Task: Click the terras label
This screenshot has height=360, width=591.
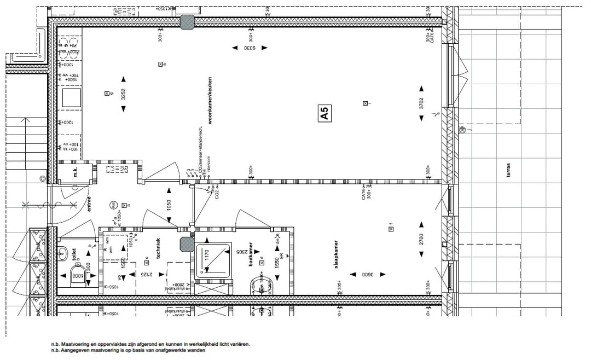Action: (x=508, y=171)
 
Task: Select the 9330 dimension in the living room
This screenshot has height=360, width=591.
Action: (x=251, y=48)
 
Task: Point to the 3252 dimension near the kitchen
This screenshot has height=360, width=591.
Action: (x=123, y=94)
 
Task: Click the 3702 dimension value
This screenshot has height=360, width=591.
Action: (x=421, y=103)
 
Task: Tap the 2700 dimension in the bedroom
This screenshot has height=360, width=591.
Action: (x=421, y=239)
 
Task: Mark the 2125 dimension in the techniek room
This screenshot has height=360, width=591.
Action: (x=143, y=274)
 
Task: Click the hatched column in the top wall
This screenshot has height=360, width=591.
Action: (x=187, y=22)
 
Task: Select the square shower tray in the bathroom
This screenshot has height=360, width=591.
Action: (x=214, y=258)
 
